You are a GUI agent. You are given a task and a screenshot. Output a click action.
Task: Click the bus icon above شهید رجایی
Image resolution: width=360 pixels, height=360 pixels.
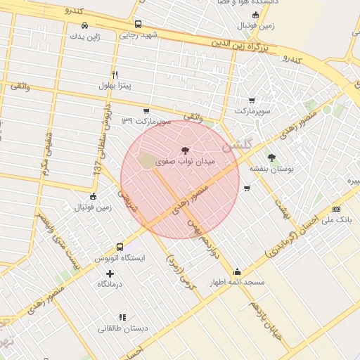138,24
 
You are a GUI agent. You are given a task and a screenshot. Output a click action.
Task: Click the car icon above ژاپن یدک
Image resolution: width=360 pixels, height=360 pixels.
85,25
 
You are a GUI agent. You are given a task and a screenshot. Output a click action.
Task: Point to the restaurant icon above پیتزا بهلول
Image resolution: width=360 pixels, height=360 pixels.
115,74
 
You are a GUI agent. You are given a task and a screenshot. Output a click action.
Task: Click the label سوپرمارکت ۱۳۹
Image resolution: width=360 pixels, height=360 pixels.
146,122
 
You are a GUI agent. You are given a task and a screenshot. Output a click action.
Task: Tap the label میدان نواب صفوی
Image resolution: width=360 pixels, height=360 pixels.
185,161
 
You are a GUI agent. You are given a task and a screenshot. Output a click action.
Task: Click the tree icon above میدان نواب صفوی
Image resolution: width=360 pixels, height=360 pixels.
185,150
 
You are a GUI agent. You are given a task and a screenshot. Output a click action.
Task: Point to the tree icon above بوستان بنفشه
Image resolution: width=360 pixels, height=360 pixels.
272,157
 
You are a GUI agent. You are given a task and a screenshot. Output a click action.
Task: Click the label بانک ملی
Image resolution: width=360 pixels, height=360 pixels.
336,220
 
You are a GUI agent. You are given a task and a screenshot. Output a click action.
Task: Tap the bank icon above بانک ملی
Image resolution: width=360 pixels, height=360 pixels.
336,209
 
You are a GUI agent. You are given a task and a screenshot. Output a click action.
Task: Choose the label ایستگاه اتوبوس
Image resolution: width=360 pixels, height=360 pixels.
120,258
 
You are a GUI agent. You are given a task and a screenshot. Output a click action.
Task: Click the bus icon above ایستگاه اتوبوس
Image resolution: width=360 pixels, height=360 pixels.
120,247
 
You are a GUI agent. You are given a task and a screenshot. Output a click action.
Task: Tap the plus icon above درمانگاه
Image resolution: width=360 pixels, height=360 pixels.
110,273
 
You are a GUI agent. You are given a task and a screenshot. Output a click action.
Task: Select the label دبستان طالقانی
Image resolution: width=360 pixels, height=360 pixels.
122,328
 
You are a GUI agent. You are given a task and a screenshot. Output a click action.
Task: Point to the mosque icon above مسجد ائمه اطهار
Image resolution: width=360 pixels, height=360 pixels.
237,272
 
